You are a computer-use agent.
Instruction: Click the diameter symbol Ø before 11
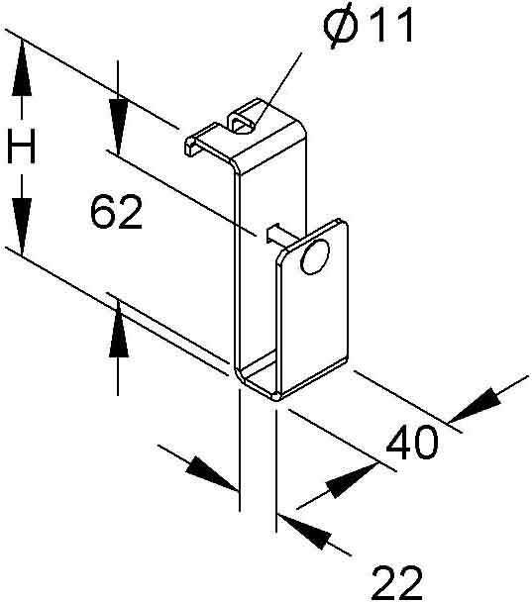pos(341,26)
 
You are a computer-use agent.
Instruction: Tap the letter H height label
pos(22,147)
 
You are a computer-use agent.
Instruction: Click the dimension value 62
pos(116,212)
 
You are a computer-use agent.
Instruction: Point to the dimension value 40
pos(411,442)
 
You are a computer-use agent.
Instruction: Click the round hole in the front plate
pos(315,256)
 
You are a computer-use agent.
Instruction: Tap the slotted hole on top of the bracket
pos(243,124)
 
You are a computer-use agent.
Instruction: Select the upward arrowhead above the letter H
pos(22,67)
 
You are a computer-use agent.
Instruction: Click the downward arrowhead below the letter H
pos(22,226)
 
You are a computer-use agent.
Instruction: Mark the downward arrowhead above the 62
pos(118,127)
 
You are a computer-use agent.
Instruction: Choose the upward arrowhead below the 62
pos(118,330)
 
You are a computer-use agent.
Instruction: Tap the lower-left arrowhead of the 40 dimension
pos(353,480)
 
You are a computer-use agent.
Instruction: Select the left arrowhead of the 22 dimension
pos(212,472)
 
